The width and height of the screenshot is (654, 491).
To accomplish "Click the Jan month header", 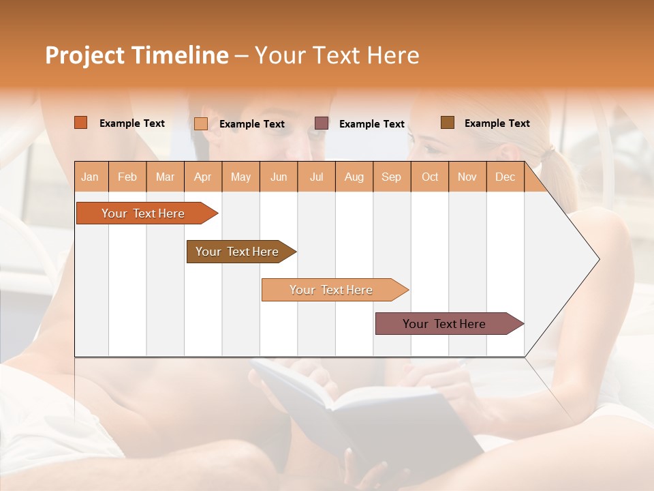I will pos(91,177).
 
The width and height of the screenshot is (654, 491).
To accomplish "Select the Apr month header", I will pos(203,177).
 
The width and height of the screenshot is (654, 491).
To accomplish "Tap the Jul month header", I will pos(316,177).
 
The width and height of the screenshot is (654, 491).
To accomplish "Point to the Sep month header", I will pos(391,177).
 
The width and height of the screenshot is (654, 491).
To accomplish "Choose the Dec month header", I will pos(505,177).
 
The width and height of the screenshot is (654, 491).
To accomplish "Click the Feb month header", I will pos(127,177).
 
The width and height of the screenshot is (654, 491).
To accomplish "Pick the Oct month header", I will pos(430,177).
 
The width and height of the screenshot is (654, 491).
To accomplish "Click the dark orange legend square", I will pos(81,123).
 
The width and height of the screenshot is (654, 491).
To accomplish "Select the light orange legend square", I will pos(201,123).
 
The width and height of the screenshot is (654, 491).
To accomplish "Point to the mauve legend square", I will pos(322,123).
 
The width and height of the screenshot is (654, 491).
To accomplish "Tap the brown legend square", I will pos(448,123).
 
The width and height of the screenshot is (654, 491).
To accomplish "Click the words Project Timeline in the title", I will pos(136,55).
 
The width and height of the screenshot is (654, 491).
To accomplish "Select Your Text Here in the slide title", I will pos(337,55).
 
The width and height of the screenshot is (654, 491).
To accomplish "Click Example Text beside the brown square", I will pos(497,123).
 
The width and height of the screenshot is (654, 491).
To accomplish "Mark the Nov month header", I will pos(467,177).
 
